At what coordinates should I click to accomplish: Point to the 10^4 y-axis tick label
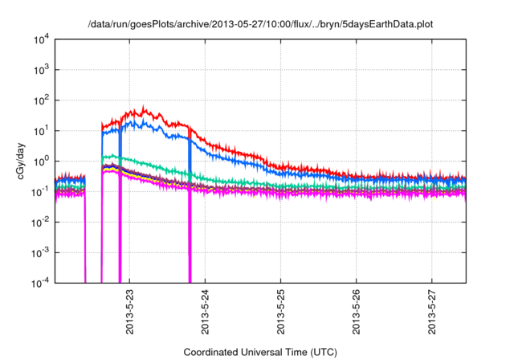click(x=39, y=39)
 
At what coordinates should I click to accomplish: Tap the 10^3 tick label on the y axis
click(x=39, y=69)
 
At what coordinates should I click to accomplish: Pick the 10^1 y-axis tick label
click(x=39, y=130)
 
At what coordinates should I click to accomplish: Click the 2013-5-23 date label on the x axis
click(x=129, y=310)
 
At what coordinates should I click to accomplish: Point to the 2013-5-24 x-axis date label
click(x=205, y=310)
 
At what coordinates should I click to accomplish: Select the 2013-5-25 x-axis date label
click(x=280, y=310)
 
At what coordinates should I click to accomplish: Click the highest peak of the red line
click(x=144, y=106)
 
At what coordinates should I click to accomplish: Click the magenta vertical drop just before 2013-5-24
click(x=190, y=241)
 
